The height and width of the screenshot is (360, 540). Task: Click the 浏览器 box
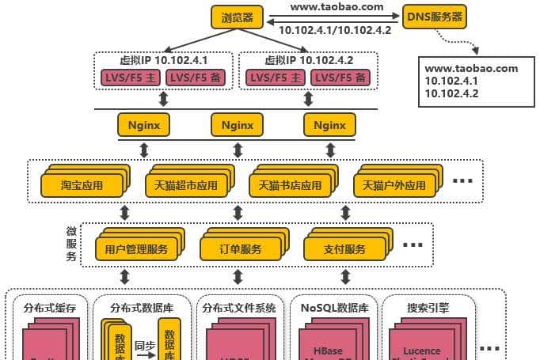[x=237, y=16]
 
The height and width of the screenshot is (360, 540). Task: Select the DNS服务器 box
[x=435, y=16]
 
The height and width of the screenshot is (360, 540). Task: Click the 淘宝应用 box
[x=82, y=186]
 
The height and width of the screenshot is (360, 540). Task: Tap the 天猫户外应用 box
[x=394, y=186]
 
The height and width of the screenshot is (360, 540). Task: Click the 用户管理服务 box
[x=136, y=249]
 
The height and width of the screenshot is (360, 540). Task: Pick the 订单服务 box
[x=241, y=249]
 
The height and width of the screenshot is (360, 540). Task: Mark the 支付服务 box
[x=345, y=249]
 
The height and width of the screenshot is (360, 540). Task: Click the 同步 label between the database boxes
[x=143, y=345]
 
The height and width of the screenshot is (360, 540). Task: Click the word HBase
[x=329, y=351]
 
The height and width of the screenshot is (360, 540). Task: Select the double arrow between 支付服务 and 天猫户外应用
[x=344, y=213]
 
